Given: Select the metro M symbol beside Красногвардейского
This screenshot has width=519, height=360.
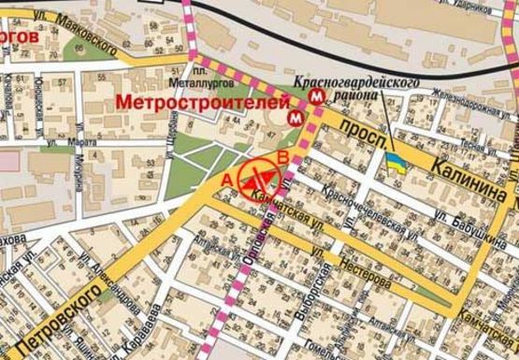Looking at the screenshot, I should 319,94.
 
